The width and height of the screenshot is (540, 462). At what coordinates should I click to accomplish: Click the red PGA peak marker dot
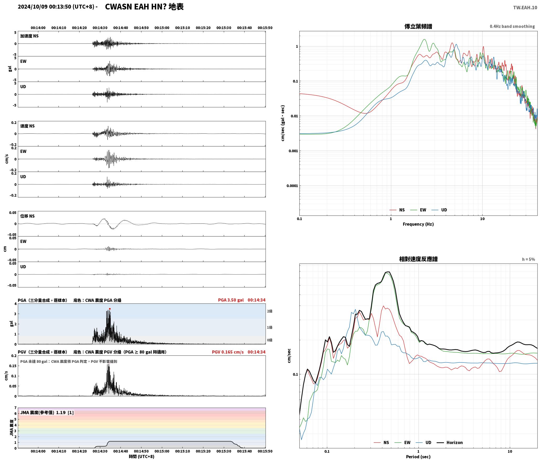tap(110, 309)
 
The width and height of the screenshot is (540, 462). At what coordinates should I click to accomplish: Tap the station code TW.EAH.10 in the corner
tap(525, 8)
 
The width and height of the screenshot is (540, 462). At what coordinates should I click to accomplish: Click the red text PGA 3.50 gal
tap(231, 300)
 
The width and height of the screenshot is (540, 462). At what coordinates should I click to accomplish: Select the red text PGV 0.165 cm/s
tap(228, 352)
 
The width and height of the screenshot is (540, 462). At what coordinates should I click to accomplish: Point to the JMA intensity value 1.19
tap(61, 412)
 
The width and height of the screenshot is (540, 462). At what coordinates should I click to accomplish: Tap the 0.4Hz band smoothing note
tap(512, 26)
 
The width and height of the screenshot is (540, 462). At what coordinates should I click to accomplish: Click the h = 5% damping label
tap(528, 259)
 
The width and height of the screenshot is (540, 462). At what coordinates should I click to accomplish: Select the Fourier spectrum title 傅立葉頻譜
tap(418, 26)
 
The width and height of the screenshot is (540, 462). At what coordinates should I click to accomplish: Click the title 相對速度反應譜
tap(418, 259)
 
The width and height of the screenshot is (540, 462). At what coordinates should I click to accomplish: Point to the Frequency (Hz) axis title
tap(418, 224)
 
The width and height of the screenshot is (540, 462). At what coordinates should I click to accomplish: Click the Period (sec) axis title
tap(418, 456)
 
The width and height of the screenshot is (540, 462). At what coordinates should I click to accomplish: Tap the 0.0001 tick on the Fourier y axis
tap(292, 186)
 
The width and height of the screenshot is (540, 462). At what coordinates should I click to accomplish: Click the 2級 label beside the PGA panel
tap(269, 311)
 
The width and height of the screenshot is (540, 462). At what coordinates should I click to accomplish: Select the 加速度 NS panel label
tap(29, 36)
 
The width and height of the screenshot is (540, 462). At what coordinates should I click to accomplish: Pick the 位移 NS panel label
tap(28, 216)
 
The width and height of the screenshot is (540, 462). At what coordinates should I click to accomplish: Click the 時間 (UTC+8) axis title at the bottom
tap(141, 456)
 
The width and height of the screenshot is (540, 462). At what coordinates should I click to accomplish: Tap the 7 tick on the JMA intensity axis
tap(15, 408)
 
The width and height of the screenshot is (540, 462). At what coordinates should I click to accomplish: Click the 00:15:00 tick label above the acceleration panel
tap(162, 28)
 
